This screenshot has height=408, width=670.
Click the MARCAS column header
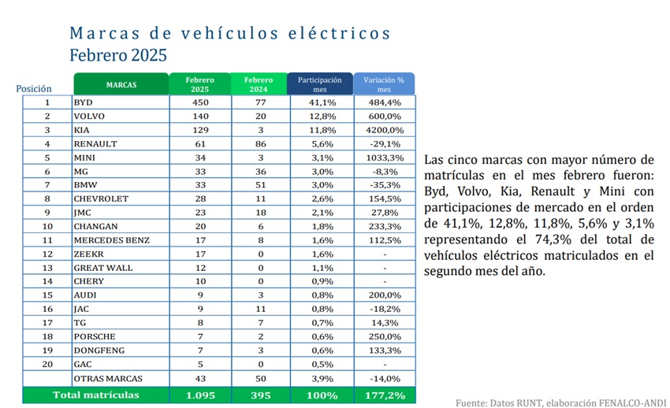pyautogui.click(x=121, y=84)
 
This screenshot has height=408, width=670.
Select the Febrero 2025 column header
pyautogui.click(x=200, y=84)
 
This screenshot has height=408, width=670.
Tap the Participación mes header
pyautogui.click(x=319, y=84)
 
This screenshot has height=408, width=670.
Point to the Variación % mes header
pyautogui.click(x=384, y=84)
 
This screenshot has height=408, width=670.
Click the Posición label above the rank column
pyautogui.click(x=34, y=88)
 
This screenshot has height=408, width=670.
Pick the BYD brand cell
pyautogui.click(x=83, y=102)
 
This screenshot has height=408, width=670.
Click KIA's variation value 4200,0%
pyautogui.click(x=385, y=130)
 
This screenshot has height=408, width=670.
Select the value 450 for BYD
pyautogui.click(x=200, y=102)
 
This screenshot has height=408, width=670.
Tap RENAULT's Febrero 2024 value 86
pyautogui.click(x=261, y=144)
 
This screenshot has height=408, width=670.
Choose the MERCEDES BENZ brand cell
pyautogui.click(x=111, y=240)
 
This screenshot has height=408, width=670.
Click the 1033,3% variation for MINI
pyautogui.click(x=385, y=158)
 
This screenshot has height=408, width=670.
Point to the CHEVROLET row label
pyautogui.click(x=101, y=198)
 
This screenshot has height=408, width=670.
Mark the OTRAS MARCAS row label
pyautogui.click(x=108, y=379)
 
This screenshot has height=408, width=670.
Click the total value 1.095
pyautogui.click(x=200, y=395)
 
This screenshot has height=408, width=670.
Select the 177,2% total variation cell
pyautogui.click(x=385, y=395)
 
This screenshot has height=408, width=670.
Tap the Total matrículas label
pyautogui.click(x=96, y=395)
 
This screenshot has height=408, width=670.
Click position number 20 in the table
pyautogui.click(x=47, y=364)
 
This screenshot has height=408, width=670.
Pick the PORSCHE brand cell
pyautogui.click(x=95, y=337)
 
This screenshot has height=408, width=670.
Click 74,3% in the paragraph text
pyautogui.click(x=553, y=239)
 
